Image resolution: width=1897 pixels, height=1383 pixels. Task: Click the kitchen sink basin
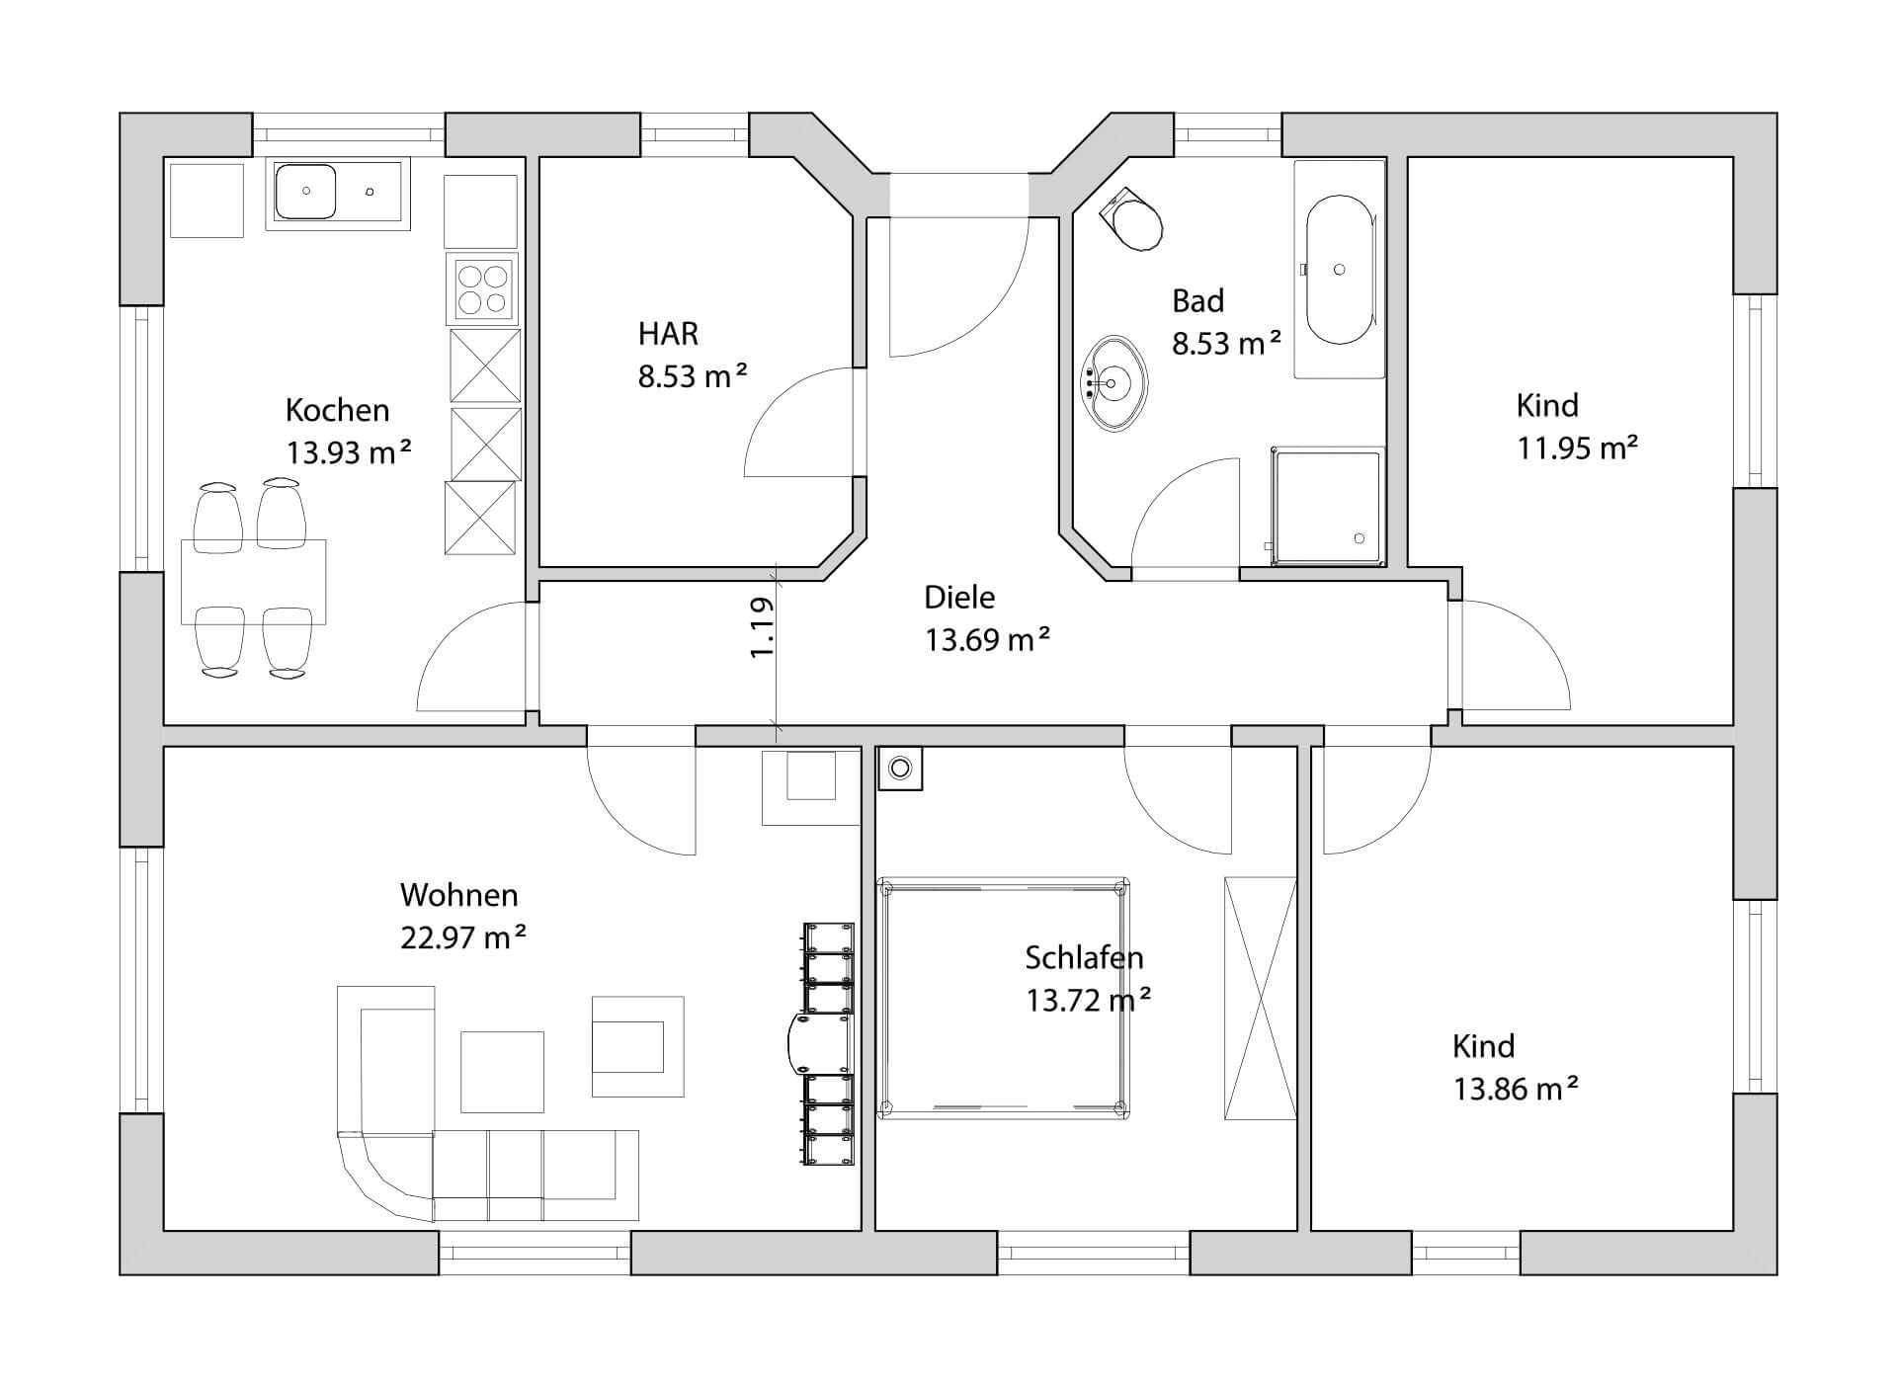pyautogui.click(x=305, y=192)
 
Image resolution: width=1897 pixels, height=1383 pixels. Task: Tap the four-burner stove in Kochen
pyautogui.click(x=483, y=288)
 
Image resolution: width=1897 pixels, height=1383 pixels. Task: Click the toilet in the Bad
pyautogui.click(x=1132, y=217)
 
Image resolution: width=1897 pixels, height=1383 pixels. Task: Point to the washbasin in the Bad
pyautogui.click(x=1116, y=383)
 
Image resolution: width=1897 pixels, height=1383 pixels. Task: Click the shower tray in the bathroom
pyautogui.click(x=1328, y=507)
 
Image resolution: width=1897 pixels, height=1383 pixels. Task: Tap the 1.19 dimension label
pyautogui.click(x=762, y=628)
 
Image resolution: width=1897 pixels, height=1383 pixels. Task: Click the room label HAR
pyautogui.click(x=668, y=334)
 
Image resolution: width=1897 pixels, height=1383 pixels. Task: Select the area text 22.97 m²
pyautogui.click(x=462, y=936)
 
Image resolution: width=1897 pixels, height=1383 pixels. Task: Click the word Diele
pyautogui.click(x=959, y=597)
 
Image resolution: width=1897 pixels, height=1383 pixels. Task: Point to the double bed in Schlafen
pyautogui.click(x=1004, y=998)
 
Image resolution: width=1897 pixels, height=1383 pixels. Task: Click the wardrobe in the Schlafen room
pyautogui.click(x=1260, y=998)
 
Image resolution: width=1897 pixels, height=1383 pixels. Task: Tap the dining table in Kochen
pyautogui.click(x=253, y=582)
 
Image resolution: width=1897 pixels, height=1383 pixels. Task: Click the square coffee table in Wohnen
pyautogui.click(x=502, y=1072)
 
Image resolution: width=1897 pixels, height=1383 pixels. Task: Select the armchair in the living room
pyautogui.click(x=637, y=1046)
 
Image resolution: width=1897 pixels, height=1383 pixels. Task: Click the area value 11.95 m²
pyautogui.click(x=1578, y=448)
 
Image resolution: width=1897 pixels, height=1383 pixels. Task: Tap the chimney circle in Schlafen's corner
pyautogui.click(x=900, y=768)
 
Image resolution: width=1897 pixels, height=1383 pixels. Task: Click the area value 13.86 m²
pyautogui.click(x=1516, y=1090)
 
